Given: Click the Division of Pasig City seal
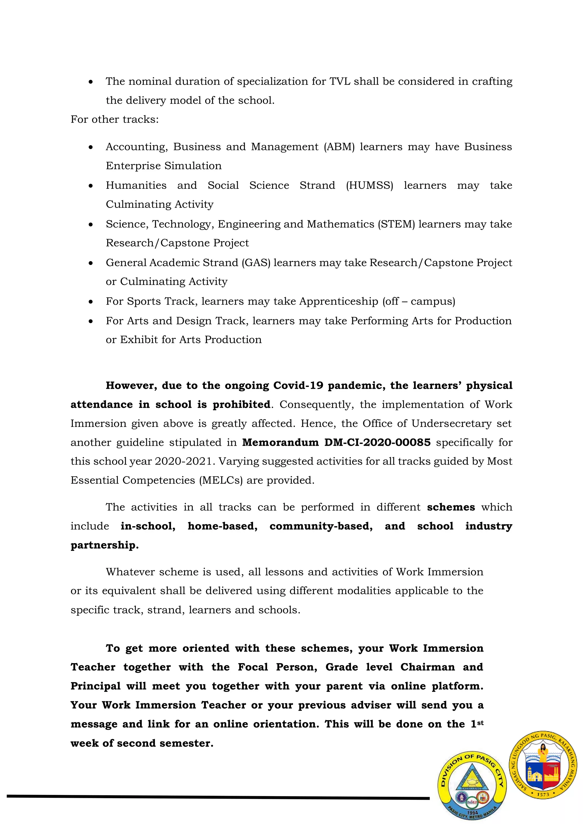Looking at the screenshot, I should pos(472,786).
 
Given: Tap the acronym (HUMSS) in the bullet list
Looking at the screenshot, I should pos(369,186).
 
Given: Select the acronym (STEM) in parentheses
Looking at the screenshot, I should pos(396,224).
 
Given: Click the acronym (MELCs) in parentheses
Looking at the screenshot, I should pos(221,480).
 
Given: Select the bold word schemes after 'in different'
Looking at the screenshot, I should pos(451,507).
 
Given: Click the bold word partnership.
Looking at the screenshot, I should pos(104,545).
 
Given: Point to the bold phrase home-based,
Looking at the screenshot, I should pos(223,526).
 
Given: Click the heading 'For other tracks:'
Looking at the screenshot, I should pos(114,120).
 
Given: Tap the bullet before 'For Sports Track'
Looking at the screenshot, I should pos(91,302).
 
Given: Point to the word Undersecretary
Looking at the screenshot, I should pos(451,424).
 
